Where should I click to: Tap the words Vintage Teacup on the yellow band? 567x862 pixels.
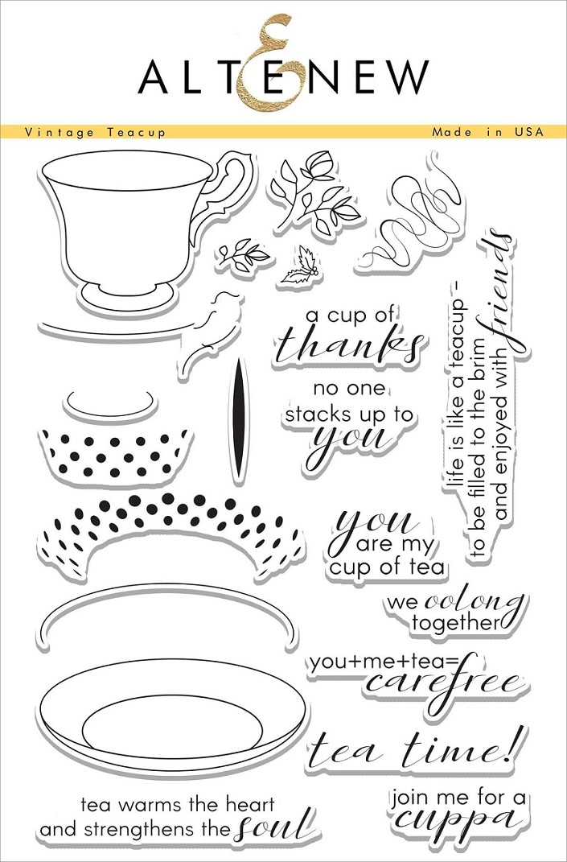(95, 132)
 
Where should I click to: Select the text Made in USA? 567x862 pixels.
(487, 132)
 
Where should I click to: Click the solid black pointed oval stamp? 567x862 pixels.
(238, 422)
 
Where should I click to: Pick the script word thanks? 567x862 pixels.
(349, 346)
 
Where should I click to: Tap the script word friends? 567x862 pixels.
(499, 291)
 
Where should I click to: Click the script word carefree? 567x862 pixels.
(443, 682)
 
